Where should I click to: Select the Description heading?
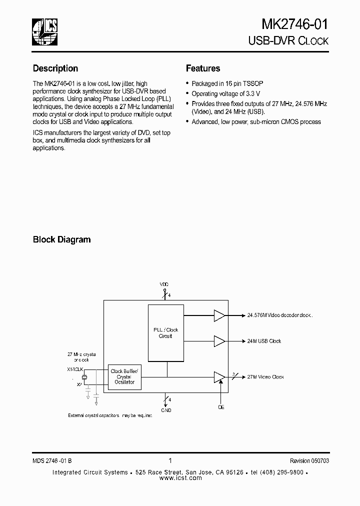[55, 68]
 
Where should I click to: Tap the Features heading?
[203, 68]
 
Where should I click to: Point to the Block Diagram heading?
[62, 239]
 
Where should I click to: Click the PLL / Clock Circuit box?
[165, 333]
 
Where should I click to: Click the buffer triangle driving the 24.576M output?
[219, 315]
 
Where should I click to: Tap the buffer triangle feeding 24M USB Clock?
[219, 341]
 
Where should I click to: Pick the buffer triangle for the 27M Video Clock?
[219, 377]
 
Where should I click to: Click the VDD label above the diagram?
[164, 284]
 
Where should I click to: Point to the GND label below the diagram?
[166, 410]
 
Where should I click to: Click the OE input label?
[221, 407]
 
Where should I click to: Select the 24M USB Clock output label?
[264, 341]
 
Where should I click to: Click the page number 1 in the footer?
[170, 460]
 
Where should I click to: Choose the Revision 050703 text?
[309, 461]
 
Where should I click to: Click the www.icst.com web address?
[180, 478]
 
